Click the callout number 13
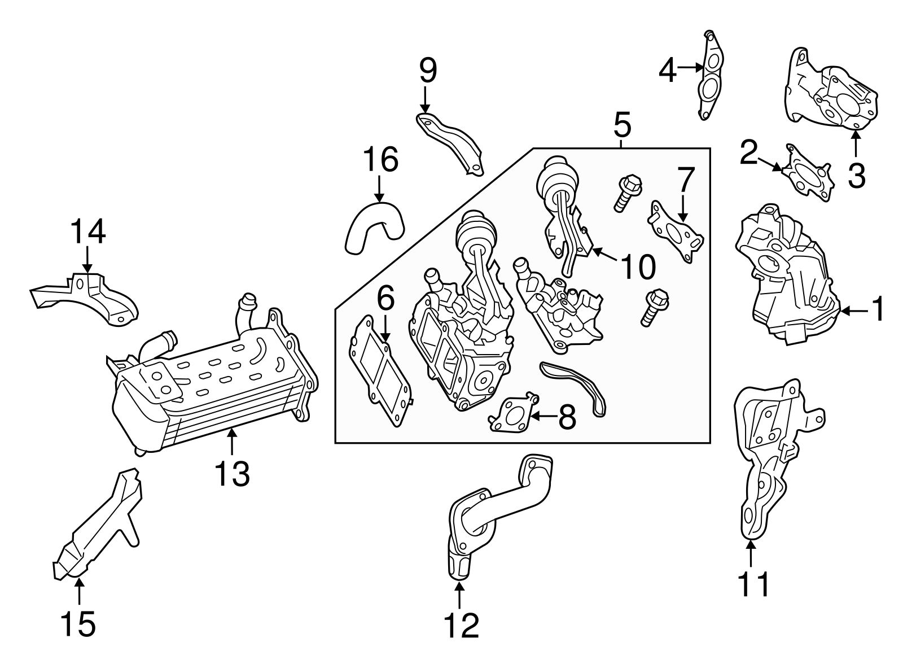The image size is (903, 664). (232, 474)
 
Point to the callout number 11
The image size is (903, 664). (753, 584)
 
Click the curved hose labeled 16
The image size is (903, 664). (375, 227)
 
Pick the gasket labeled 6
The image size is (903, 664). (380, 371)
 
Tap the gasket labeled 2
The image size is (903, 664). (808, 172)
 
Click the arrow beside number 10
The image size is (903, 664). (607, 254)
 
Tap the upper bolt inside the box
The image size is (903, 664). (626, 193)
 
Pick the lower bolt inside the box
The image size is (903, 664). (655, 307)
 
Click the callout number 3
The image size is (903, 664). (856, 176)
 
